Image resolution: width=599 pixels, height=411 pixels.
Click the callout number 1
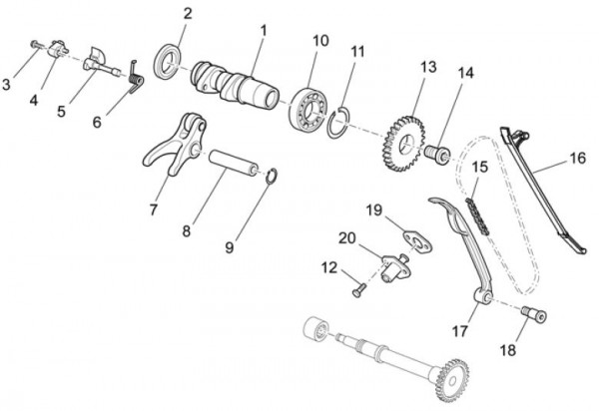tap(264, 31)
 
